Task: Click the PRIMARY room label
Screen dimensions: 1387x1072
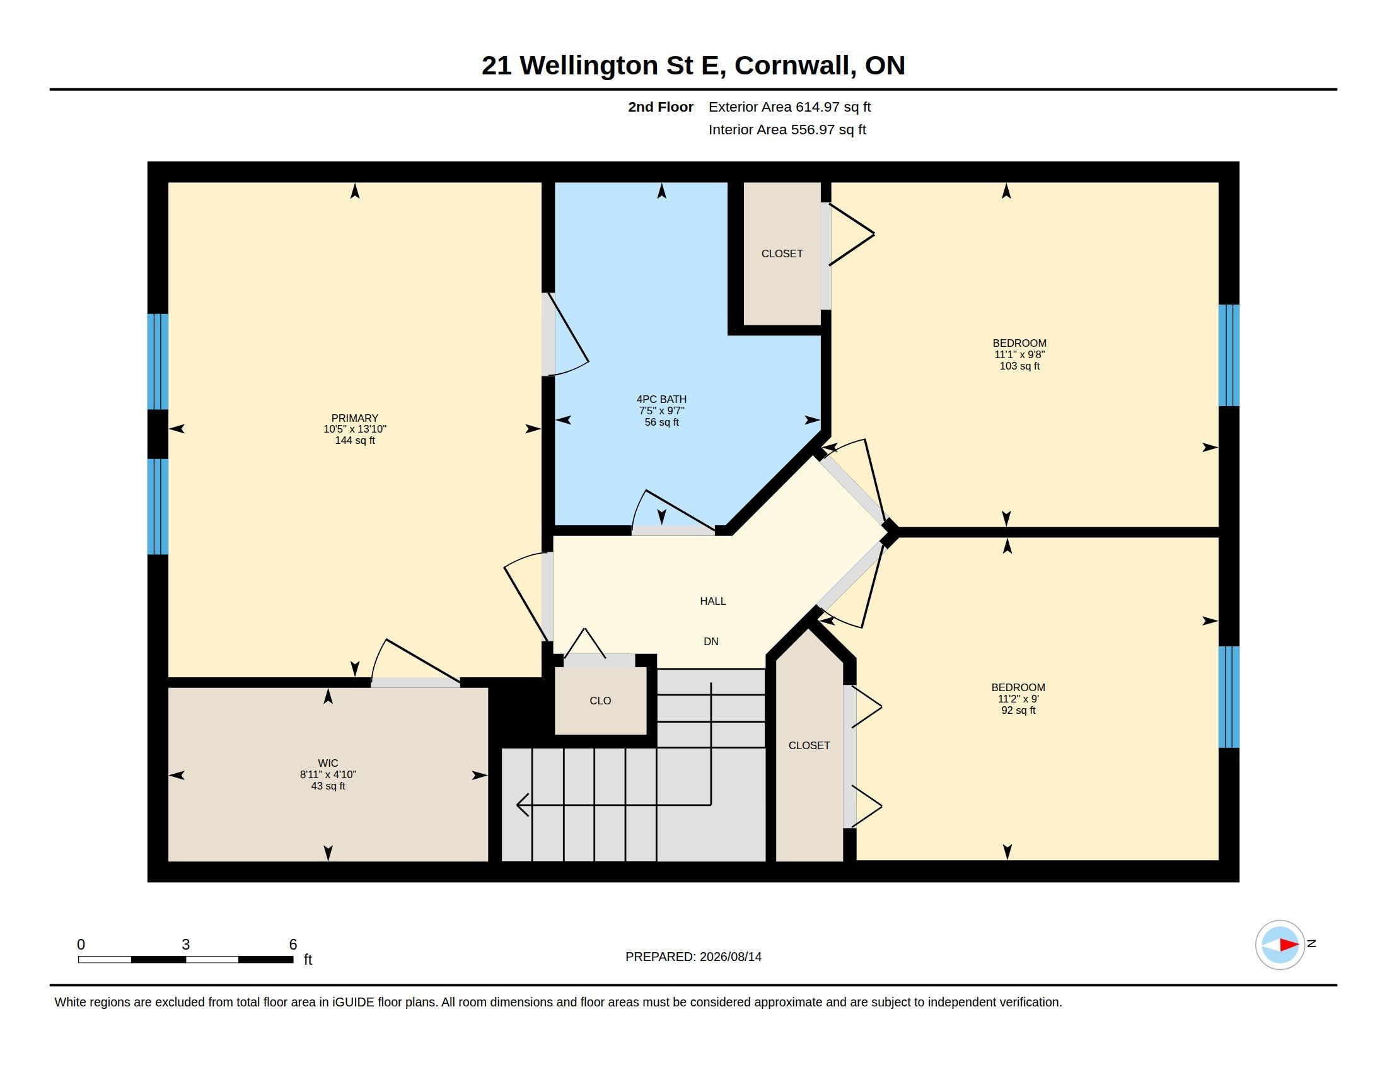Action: [354, 418]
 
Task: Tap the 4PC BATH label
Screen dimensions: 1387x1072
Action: [661, 399]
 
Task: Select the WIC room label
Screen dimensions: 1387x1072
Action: [328, 763]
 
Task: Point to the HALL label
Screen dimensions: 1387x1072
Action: [712, 601]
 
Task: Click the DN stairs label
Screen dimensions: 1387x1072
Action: [711, 641]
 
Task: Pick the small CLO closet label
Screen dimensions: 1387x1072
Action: [600, 701]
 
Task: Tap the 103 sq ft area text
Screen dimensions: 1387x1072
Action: [1019, 366]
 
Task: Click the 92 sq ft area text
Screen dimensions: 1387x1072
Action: [1018, 710]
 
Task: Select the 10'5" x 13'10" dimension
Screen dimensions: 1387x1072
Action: [354, 429]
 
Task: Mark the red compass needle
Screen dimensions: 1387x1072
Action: [1289, 945]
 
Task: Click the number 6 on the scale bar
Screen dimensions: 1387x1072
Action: [293, 945]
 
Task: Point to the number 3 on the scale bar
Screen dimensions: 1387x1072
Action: [185, 945]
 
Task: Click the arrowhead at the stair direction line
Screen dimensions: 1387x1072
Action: [523, 805]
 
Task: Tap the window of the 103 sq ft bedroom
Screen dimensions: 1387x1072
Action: [1229, 355]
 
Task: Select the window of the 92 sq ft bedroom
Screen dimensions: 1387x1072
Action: [1229, 697]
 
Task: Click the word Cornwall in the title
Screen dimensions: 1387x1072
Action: [793, 66]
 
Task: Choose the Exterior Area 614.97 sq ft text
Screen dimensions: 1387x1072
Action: [789, 107]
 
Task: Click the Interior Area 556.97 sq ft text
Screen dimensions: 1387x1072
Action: [787, 129]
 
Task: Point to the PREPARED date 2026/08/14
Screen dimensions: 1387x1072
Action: [730, 957]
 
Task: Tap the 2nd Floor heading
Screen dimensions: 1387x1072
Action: [661, 107]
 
